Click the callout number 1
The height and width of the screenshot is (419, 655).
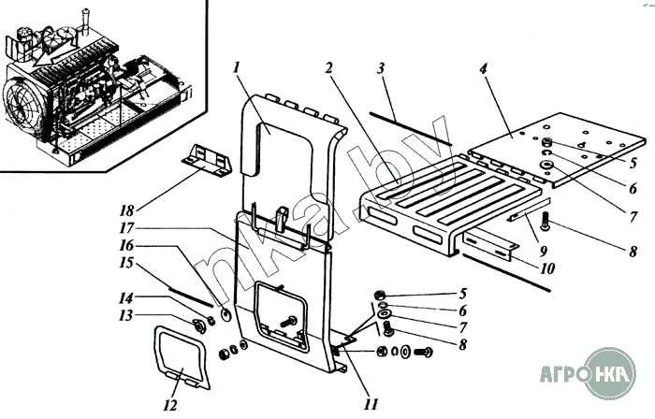pyautogui.click(x=239, y=67)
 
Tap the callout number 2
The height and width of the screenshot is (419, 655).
pyautogui.click(x=329, y=68)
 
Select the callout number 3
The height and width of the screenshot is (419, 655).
pyautogui.click(x=381, y=68)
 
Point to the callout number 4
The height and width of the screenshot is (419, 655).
pyautogui.click(x=483, y=68)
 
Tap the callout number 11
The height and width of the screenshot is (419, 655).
pyautogui.click(x=371, y=405)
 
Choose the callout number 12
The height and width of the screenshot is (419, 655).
pyautogui.click(x=169, y=405)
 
